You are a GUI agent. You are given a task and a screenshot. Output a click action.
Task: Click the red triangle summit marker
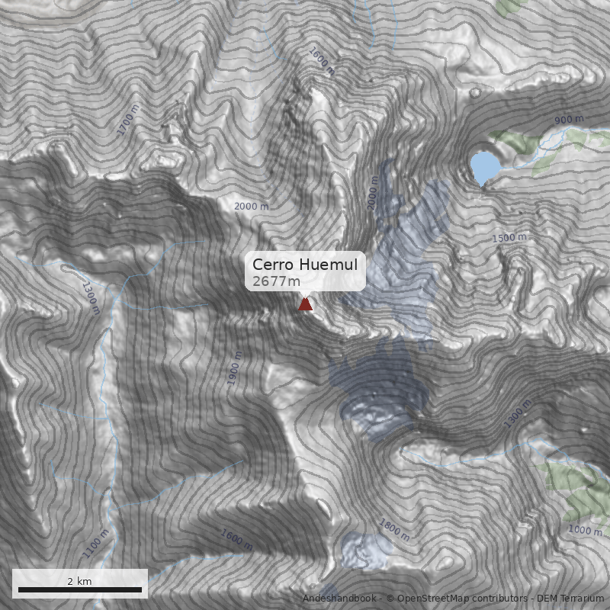[x=305, y=305]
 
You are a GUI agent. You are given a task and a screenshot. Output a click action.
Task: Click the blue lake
[x=484, y=167]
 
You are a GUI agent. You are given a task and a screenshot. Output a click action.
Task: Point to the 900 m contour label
[x=569, y=120]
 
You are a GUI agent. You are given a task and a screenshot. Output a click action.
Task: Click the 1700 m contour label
[x=130, y=120]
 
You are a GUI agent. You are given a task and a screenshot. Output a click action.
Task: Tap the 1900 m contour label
[x=235, y=368]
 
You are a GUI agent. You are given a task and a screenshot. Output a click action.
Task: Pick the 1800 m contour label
[x=394, y=531]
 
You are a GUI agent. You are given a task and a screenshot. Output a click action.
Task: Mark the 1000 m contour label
[x=586, y=530]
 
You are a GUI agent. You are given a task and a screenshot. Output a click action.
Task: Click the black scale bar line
[x=80, y=589]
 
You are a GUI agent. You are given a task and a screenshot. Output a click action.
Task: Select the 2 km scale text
[x=79, y=581]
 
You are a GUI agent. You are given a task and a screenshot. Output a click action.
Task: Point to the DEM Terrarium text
[x=570, y=599]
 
